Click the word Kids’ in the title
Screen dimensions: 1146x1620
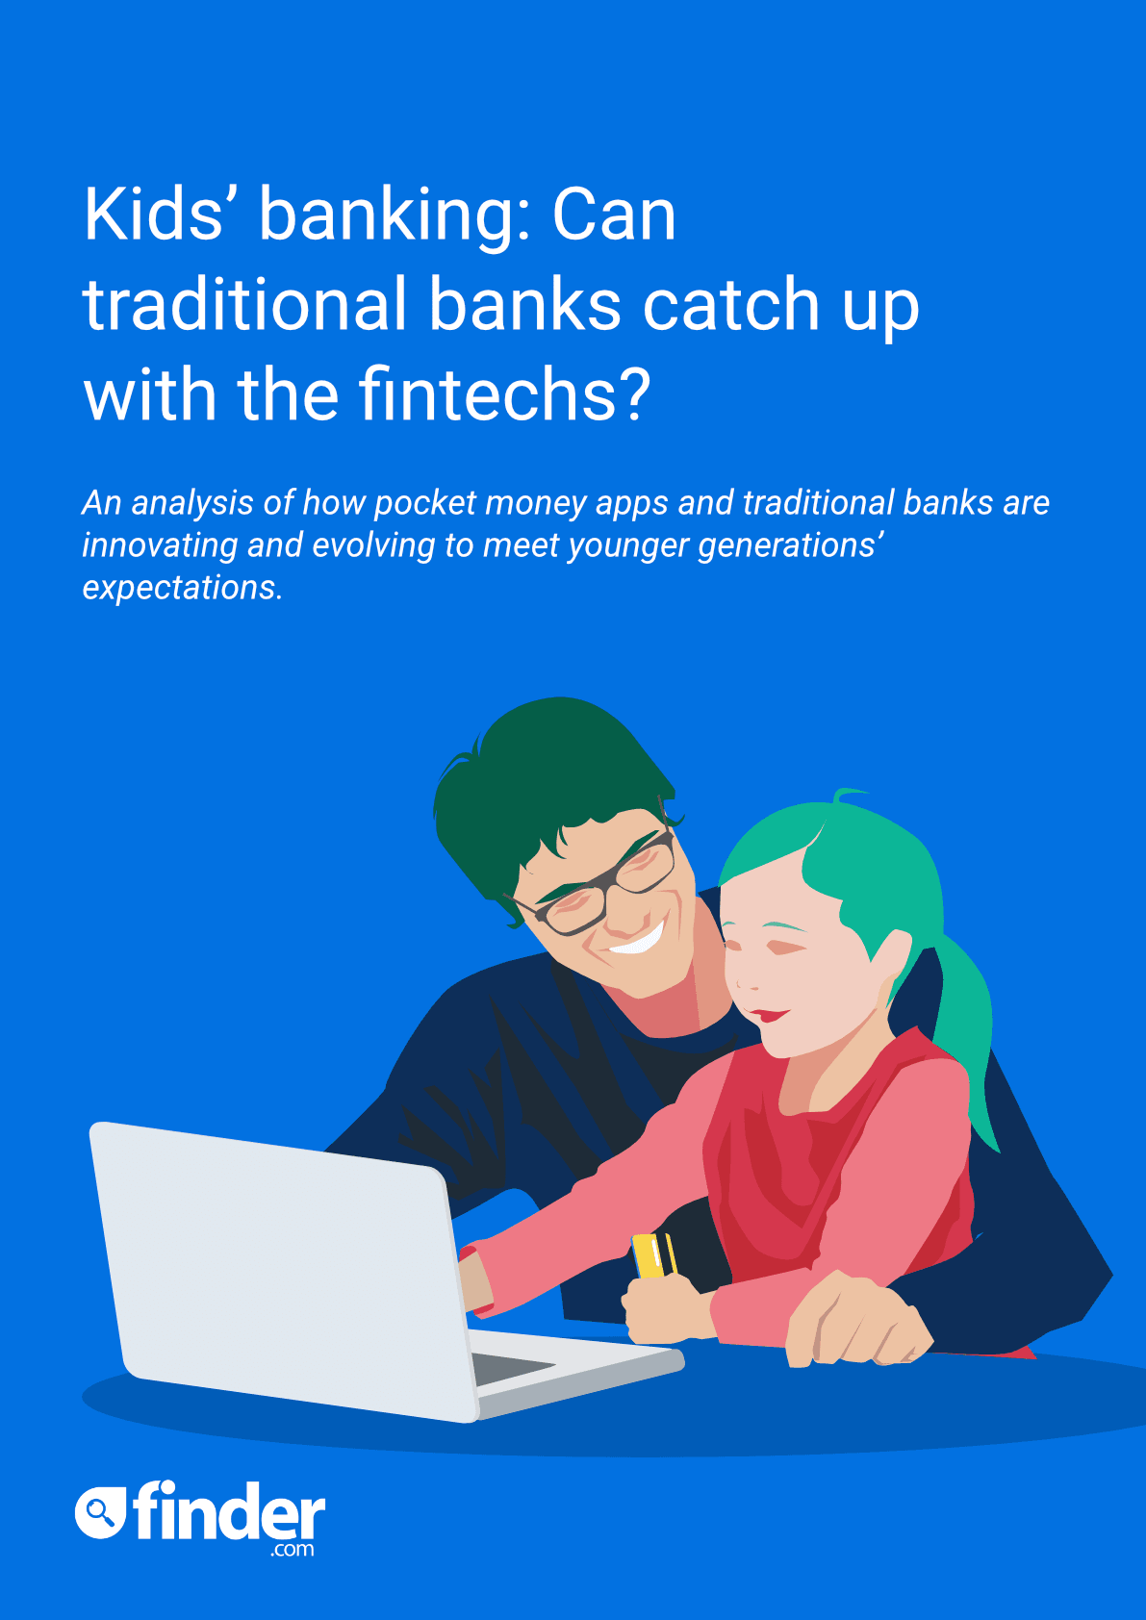pos(153,215)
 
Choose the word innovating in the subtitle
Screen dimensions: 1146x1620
pos(159,545)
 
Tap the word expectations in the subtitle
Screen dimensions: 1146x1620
pos(182,588)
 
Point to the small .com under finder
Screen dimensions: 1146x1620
pos(293,1550)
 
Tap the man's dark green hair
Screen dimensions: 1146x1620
pos(549,781)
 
